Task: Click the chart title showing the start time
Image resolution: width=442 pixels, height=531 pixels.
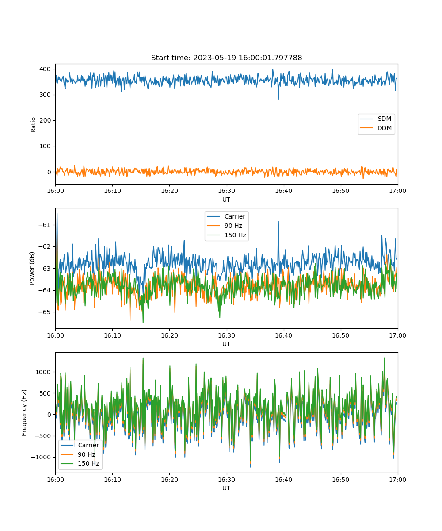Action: pyautogui.click(x=226, y=58)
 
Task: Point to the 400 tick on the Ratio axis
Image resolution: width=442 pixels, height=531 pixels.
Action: pyautogui.click(x=45, y=69)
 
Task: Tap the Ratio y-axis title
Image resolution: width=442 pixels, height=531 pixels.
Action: pyautogui.click(x=33, y=125)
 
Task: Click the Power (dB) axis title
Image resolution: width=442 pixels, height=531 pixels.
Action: pyautogui.click(x=32, y=268)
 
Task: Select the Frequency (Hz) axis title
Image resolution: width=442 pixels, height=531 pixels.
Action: pyautogui.click(x=24, y=413)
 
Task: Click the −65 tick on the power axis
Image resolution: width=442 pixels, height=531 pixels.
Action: pyautogui.click(x=45, y=312)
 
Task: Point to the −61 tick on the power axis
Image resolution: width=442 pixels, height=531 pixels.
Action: pyautogui.click(x=45, y=225)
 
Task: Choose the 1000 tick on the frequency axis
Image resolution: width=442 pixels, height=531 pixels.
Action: pyautogui.click(x=43, y=372)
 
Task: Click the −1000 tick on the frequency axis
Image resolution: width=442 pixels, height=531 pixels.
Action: pyautogui.click(x=41, y=457)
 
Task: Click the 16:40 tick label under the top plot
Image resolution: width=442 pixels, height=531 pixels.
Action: pyautogui.click(x=283, y=191)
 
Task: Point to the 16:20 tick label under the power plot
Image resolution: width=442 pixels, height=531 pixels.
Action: pyautogui.click(x=169, y=335)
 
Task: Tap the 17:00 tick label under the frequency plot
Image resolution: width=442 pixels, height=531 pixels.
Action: pyautogui.click(x=397, y=480)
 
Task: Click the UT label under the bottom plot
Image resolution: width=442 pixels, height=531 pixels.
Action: pyautogui.click(x=226, y=488)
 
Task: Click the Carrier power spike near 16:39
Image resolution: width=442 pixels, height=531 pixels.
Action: pyautogui.click(x=278, y=222)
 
